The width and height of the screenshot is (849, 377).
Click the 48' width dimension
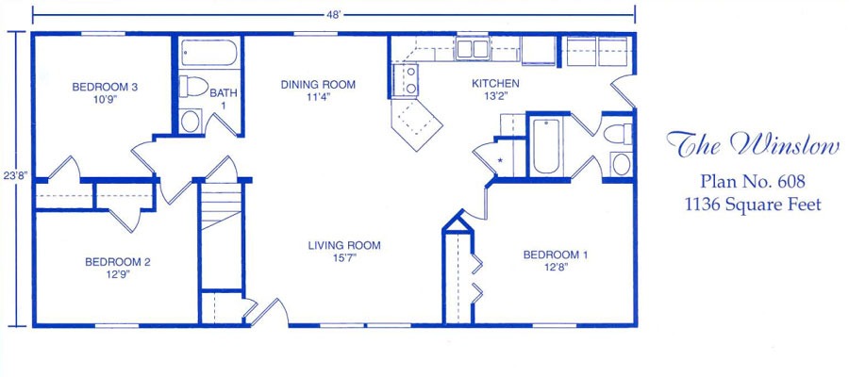[x=334, y=14]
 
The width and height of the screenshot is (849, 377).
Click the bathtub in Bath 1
[x=208, y=53]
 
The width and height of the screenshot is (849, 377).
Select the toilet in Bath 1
[x=193, y=87]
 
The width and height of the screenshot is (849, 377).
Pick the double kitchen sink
[x=473, y=49]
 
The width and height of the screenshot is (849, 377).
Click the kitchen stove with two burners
[x=405, y=79]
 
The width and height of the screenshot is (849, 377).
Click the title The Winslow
[x=753, y=144]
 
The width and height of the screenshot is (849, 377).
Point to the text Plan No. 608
[x=753, y=181]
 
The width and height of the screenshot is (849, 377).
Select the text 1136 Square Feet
[x=753, y=205]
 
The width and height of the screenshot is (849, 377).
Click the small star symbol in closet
[x=500, y=160]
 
